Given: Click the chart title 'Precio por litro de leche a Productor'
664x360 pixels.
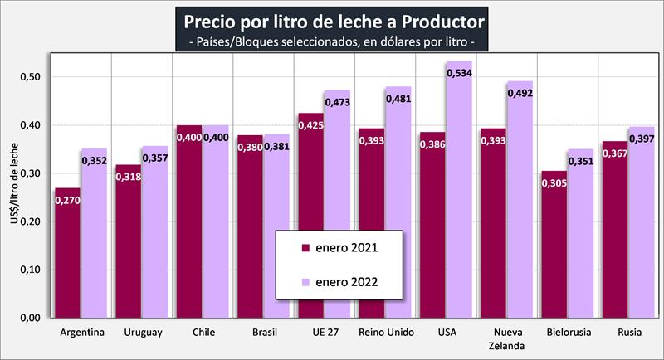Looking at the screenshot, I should click(x=332, y=18).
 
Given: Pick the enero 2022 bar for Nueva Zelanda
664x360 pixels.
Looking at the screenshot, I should click(x=520, y=199).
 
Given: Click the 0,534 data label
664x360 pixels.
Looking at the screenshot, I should click(x=459, y=74).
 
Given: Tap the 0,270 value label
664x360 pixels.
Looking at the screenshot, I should click(x=68, y=200).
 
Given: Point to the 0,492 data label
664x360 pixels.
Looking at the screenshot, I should click(x=520, y=94).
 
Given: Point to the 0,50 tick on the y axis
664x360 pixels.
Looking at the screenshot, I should click(x=30, y=77).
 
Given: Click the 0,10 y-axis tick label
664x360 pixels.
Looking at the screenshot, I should click(x=30, y=270).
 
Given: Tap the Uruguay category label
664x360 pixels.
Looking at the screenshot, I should click(x=143, y=333).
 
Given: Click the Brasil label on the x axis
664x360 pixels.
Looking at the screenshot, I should click(x=265, y=333).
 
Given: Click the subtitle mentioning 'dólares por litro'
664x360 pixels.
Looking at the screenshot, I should click(x=332, y=39).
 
